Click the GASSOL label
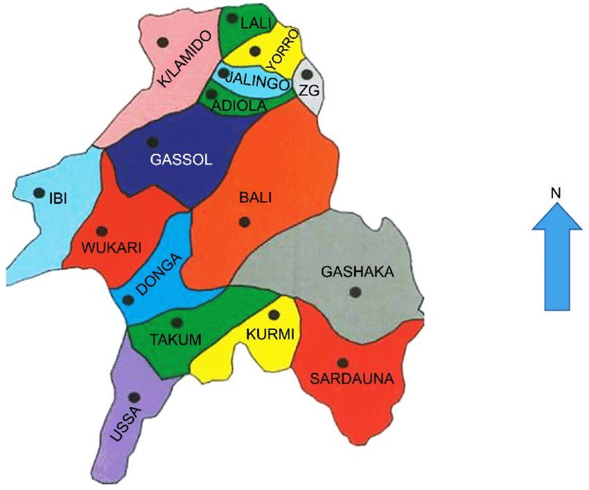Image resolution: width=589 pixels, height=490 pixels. click(x=180, y=159)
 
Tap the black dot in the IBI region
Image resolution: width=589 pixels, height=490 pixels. click(x=39, y=192)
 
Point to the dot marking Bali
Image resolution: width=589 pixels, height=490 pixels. click(x=243, y=222)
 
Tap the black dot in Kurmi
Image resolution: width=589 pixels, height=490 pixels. click(x=274, y=315)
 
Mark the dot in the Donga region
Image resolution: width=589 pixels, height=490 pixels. click(x=128, y=300)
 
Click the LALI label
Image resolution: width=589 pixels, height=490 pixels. click(x=253, y=24)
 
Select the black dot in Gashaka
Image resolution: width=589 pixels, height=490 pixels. click(x=355, y=293)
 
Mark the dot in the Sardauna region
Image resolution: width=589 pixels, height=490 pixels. click(x=342, y=362)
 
